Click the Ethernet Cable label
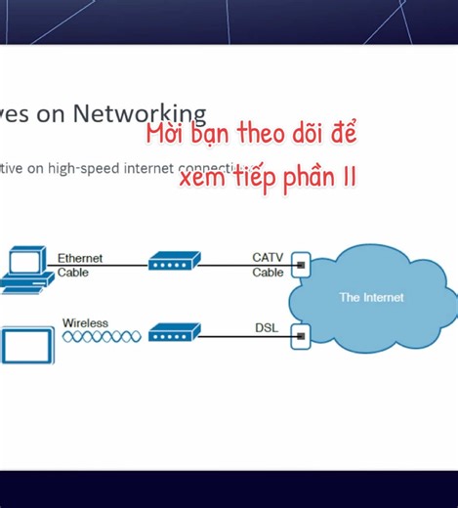(x=79, y=265)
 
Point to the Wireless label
(x=85, y=322)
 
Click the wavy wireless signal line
(x=102, y=336)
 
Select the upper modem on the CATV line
(x=174, y=262)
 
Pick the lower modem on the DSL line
(x=174, y=333)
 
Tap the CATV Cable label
(x=268, y=265)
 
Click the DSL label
(x=266, y=328)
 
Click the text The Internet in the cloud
(x=371, y=297)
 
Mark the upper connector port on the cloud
(x=301, y=263)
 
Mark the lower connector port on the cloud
(x=301, y=336)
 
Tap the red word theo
(x=265, y=134)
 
